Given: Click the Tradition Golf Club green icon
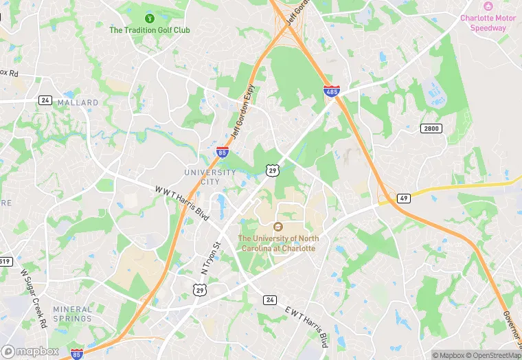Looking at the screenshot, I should (150, 17).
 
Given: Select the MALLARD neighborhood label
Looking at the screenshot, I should (78, 102).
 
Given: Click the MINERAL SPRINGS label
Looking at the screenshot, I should (72, 314).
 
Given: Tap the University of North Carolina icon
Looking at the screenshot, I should (278, 227).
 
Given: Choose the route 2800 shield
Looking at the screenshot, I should (431, 128).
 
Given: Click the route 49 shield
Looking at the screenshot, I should (404, 199).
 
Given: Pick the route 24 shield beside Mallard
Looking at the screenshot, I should (45, 100).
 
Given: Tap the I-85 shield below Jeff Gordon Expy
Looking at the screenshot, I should (222, 152).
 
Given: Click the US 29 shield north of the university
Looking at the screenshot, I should (273, 170).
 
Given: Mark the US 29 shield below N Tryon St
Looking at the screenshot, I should (199, 291).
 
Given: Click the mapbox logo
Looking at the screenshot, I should (31, 351).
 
